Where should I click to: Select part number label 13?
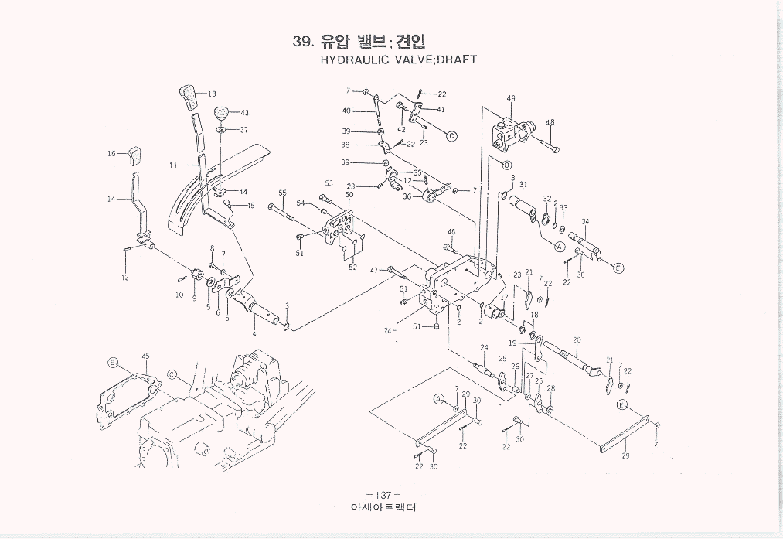212,94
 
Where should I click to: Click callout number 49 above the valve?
511,98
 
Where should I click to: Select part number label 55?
283,193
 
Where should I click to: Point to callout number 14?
111,200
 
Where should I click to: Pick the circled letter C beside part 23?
452,135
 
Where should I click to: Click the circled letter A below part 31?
558,246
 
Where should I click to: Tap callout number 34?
585,223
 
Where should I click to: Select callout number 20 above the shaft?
577,340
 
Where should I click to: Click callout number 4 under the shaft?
254,334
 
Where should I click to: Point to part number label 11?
173,165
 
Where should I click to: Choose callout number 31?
523,184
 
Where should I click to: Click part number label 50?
349,194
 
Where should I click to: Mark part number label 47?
374,270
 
